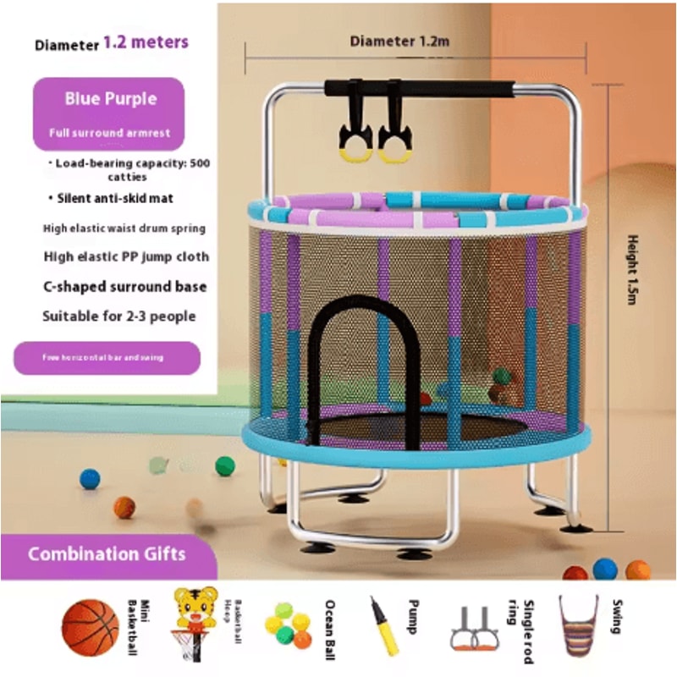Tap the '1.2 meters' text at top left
pyautogui.click(x=146, y=42)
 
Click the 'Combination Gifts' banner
pyautogui.click(x=107, y=555)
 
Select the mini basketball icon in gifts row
pyautogui.click(x=90, y=628)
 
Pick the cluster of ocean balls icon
pyautogui.click(x=289, y=624)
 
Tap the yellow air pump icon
pyautogui.click(x=384, y=625)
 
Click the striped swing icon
pyautogui.click(x=578, y=625)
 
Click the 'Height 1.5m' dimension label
pyautogui.click(x=631, y=271)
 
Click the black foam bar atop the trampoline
pyautogui.click(x=419, y=89)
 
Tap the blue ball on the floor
pyautogui.click(x=90, y=479)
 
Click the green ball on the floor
pyautogui.click(x=224, y=465)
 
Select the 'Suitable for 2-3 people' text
pyautogui.click(x=119, y=316)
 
